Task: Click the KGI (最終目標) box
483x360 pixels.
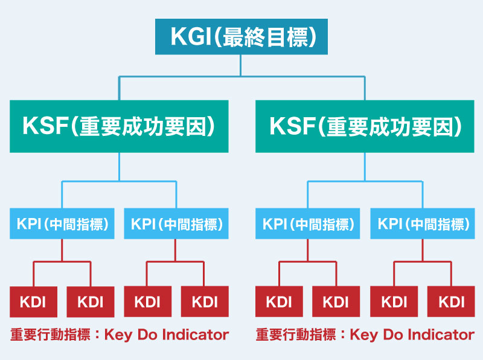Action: (241, 37)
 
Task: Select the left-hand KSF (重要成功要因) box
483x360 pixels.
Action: (119, 126)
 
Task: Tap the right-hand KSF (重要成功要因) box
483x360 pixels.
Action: (365, 126)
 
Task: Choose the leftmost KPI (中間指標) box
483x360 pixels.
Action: (62, 223)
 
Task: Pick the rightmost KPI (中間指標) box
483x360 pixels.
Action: (422, 223)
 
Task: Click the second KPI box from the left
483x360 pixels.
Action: (176, 223)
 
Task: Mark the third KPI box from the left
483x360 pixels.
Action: (307, 223)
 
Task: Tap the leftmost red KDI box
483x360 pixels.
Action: (33, 302)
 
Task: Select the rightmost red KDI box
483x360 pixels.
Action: (451, 302)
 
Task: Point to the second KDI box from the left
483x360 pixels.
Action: (91, 302)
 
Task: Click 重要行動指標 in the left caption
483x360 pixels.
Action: (51, 335)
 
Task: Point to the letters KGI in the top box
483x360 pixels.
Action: (191, 37)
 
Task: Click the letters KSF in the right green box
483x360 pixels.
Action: (292, 126)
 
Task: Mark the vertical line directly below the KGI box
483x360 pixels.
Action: (240, 65)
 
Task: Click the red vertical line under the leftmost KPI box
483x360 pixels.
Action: (62, 250)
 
